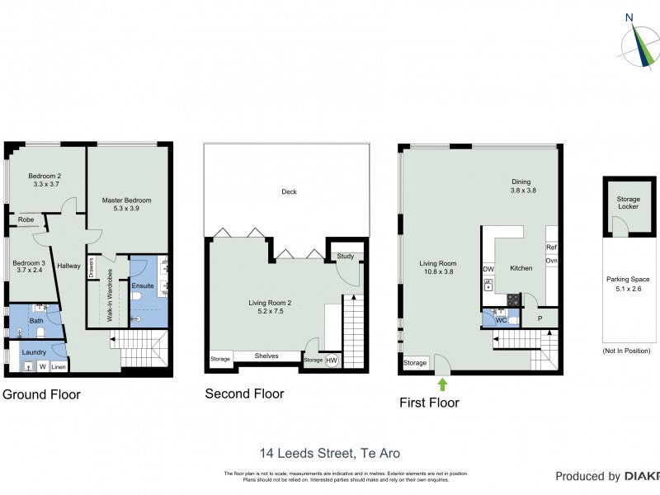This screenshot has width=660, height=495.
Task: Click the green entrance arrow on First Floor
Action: coord(442,384)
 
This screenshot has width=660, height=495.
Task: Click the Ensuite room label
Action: coord(143,285)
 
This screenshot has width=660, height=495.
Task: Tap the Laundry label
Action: coord(34,351)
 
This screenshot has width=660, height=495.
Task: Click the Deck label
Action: coord(289,192)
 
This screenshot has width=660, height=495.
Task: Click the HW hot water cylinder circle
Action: coord(332,360)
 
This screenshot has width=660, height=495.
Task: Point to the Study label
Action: coord(345,257)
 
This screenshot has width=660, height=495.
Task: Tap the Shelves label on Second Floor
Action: coord(266,356)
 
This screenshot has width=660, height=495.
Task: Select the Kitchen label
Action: coord(521,268)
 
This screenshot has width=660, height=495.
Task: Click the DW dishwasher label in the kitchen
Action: coord(488,269)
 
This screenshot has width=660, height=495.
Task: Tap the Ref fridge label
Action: coord(551,247)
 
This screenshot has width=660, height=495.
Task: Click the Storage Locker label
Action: coord(629,202)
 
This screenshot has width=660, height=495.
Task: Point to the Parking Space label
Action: coord(628,284)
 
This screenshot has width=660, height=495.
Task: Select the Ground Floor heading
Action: coord(41,395)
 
